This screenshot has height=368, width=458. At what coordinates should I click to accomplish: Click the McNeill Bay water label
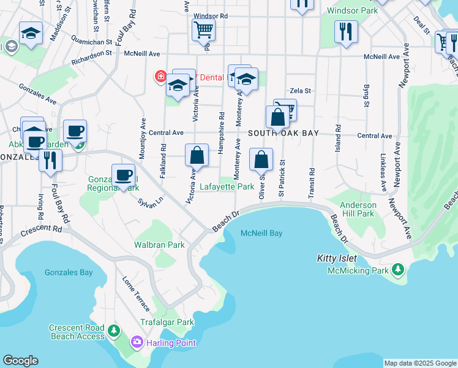[x=261, y=233]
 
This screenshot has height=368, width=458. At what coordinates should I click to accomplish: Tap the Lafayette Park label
[x=227, y=186]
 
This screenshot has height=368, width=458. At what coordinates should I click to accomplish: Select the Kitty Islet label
[x=337, y=259]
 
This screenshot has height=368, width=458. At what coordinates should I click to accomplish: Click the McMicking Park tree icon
[x=398, y=269]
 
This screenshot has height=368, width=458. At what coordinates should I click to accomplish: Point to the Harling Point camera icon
[x=137, y=341]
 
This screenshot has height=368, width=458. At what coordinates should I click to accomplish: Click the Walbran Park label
[x=159, y=245]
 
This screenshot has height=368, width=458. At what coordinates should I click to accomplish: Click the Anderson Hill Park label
[x=358, y=209]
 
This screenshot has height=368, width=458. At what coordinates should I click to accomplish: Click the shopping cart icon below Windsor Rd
[x=203, y=29]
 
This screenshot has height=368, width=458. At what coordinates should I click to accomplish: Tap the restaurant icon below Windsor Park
[x=346, y=31]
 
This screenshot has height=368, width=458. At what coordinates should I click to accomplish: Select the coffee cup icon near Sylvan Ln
[x=123, y=175]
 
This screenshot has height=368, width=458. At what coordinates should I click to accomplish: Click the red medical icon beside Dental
[x=160, y=77]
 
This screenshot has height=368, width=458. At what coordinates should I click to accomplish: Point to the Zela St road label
[x=300, y=90]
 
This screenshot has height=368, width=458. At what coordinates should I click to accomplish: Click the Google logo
[x=20, y=361]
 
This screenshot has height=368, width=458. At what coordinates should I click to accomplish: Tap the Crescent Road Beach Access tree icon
[x=113, y=331]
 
